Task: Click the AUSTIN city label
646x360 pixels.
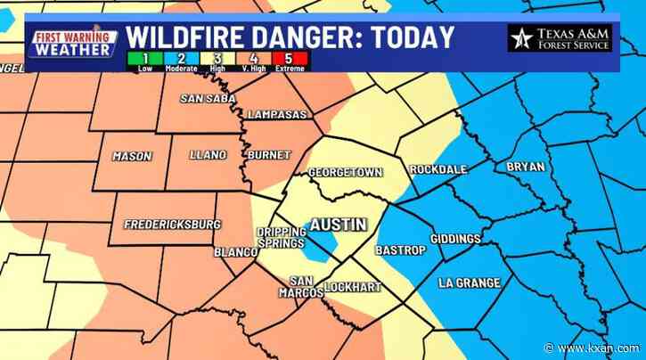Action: (336, 225)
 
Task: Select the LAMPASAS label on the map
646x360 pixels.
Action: (278, 115)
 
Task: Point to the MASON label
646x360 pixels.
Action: (132, 156)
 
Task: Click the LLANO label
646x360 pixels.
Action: (209, 155)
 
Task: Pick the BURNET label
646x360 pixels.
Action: (270, 155)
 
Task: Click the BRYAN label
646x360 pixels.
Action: (524, 167)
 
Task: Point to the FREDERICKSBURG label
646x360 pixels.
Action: (172, 224)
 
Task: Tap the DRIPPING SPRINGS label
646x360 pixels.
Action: (281, 237)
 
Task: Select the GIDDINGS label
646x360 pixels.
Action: (454, 239)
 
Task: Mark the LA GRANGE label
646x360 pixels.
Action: (469, 282)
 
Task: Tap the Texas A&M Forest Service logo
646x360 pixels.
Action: (560, 37)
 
